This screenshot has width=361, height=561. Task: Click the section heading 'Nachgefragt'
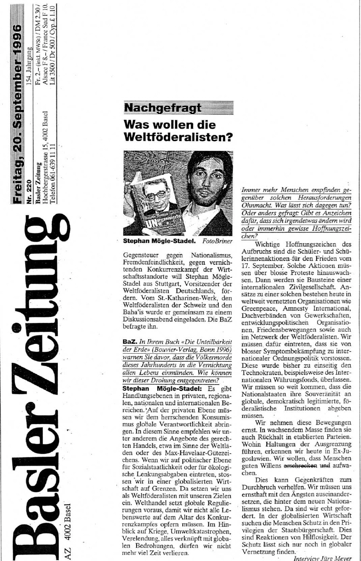coord(162,108)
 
